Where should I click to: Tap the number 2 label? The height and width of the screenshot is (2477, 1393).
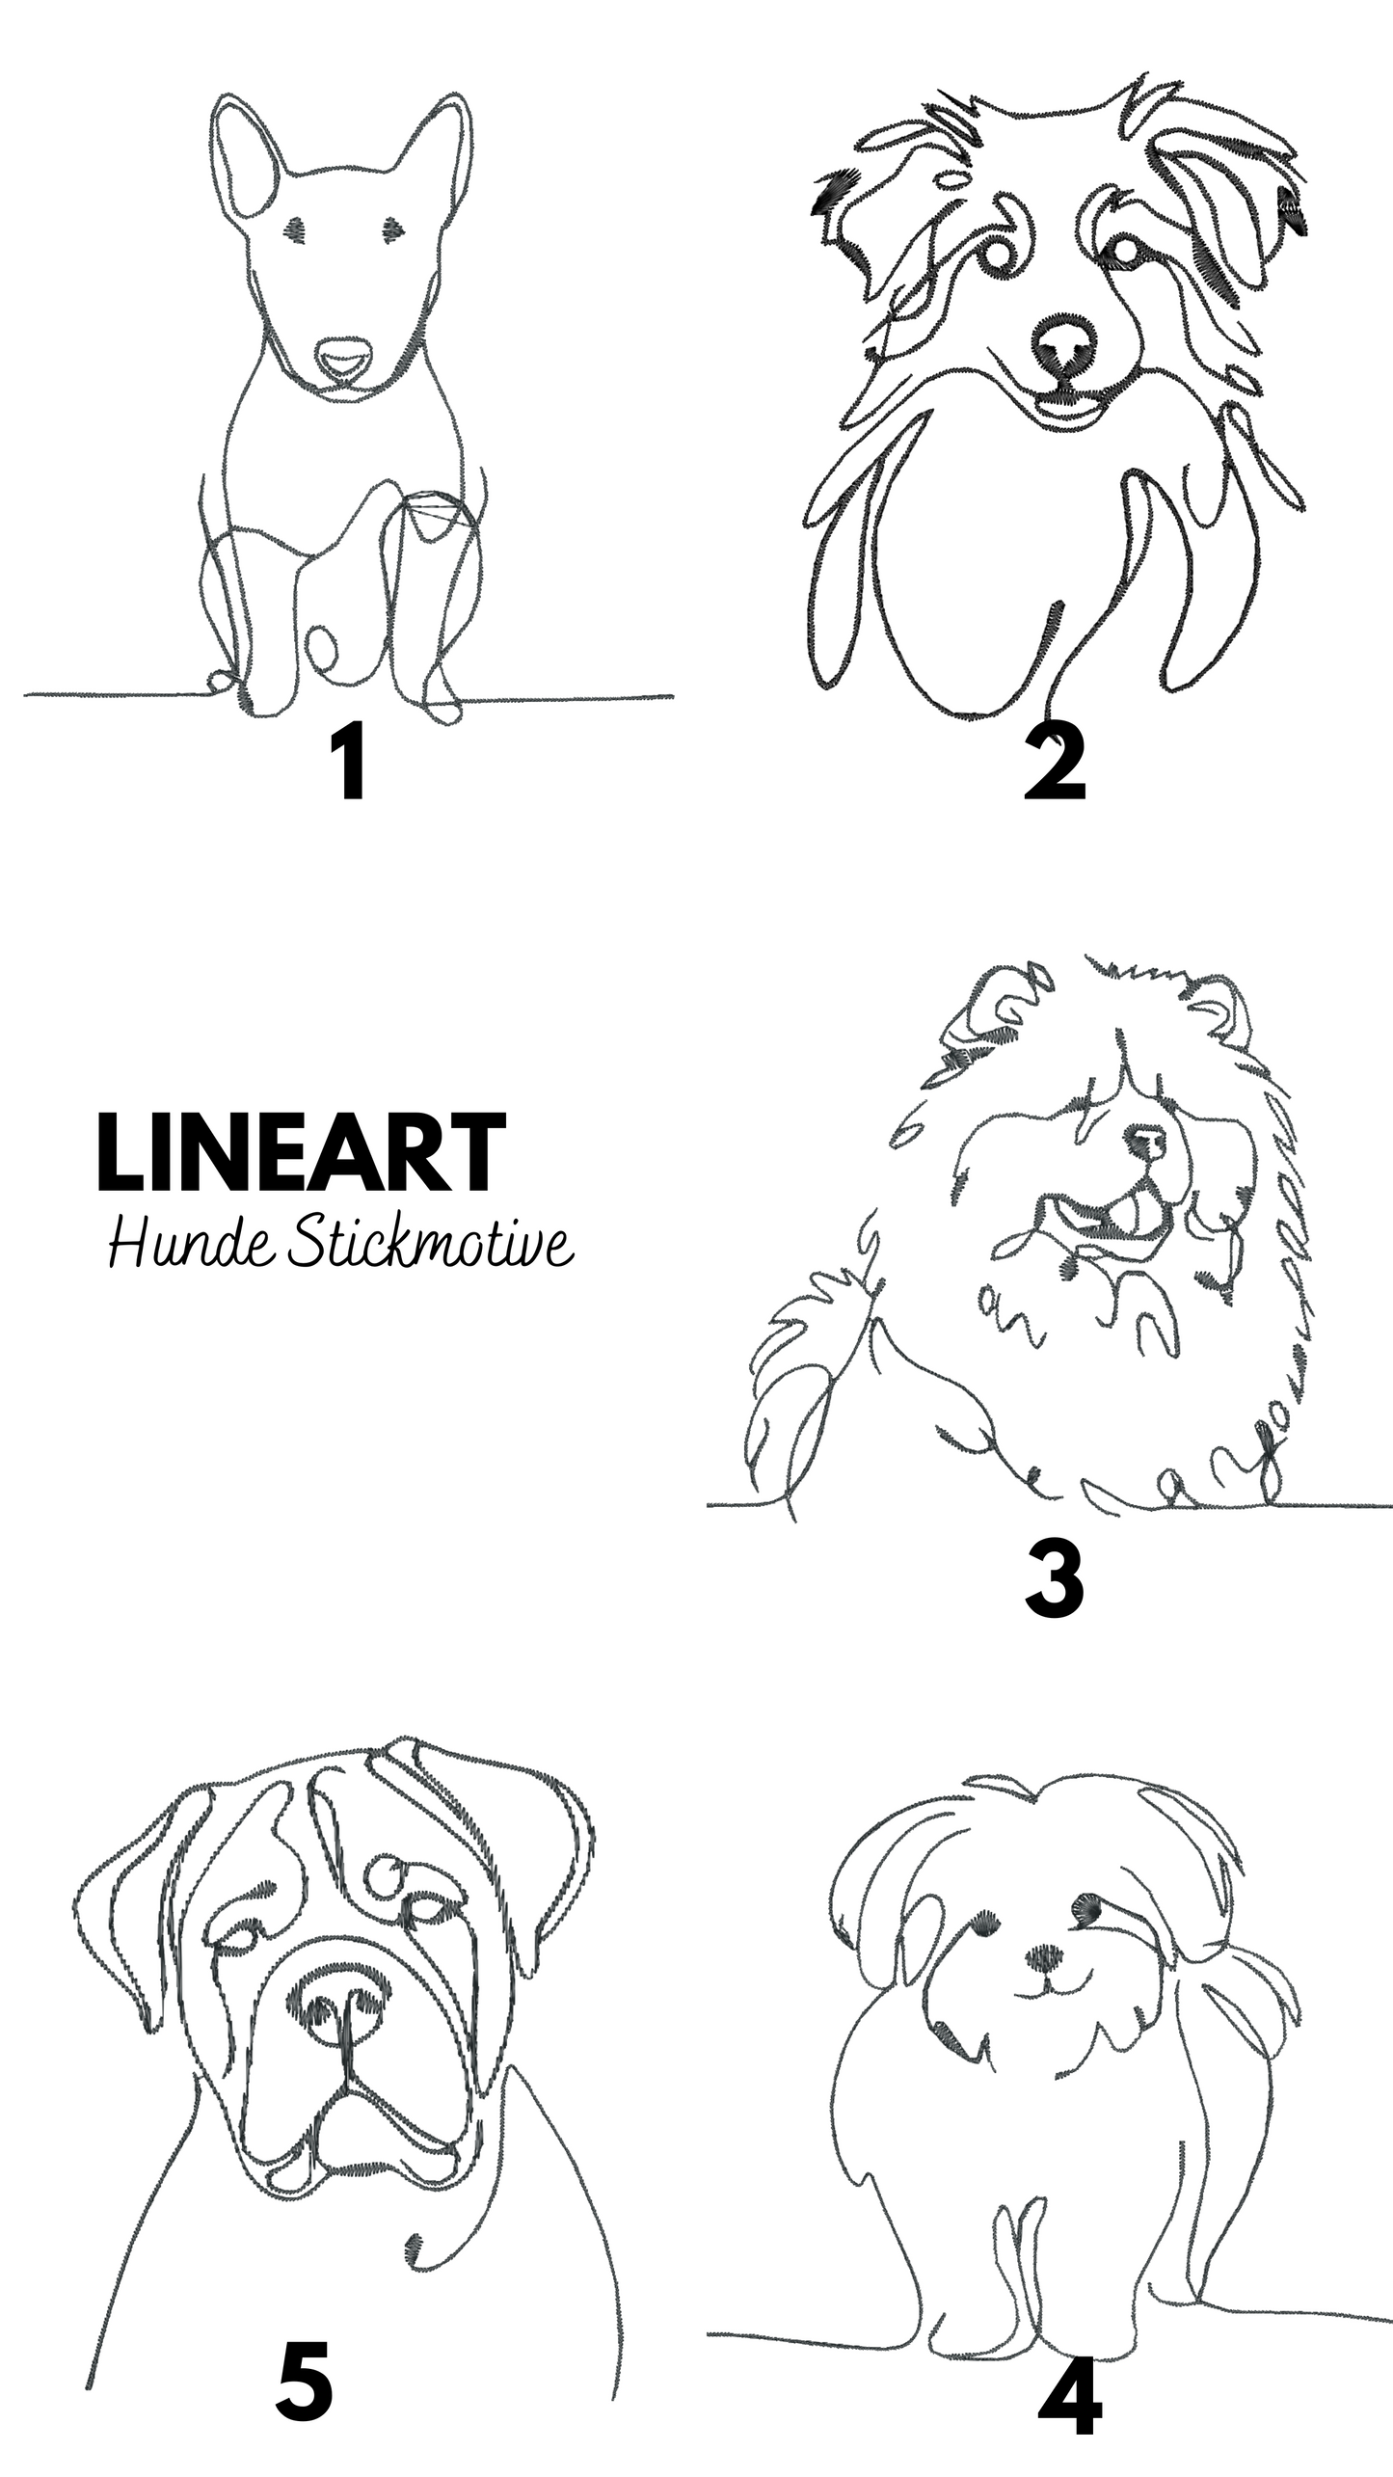1055,766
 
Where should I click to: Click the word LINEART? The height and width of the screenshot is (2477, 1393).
301,1153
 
